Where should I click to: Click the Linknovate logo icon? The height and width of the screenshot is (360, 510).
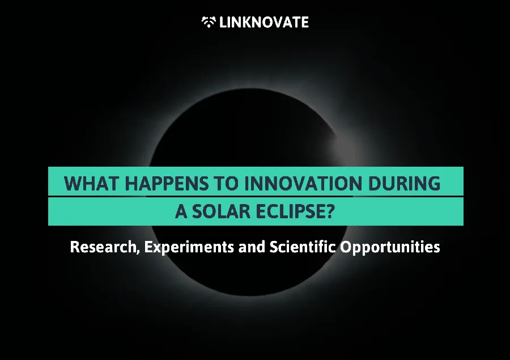(209, 22)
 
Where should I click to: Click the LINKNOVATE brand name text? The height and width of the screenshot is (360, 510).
(263, 22)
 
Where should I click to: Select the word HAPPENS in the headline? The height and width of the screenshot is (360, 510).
(167, 183)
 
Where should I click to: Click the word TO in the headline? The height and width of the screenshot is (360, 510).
(226, 183)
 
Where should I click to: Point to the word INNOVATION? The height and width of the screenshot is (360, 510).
(303, 183)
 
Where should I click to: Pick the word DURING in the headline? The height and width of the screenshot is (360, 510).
(404, 183)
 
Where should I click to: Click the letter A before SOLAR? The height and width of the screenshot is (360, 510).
(181, 211)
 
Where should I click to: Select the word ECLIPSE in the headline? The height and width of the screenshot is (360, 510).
(290, 211)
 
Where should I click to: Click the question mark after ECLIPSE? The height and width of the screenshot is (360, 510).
(330, 211)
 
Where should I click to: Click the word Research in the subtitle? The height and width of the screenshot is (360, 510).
(103, 247)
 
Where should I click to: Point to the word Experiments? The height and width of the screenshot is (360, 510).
(189, 247)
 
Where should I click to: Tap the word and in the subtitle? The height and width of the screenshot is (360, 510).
(252, 247)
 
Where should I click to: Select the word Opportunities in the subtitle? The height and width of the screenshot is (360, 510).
(390, 247)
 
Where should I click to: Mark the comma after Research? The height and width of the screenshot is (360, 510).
(138, 252)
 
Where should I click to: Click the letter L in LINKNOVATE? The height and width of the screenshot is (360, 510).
(223, 22)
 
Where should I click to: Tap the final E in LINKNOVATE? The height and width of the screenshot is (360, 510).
(305, 22)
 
